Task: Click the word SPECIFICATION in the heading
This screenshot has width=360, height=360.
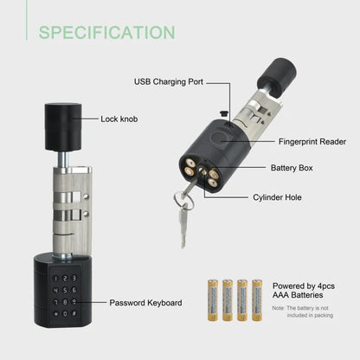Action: coord(106,33)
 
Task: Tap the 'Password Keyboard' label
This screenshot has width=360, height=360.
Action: coord(145,303)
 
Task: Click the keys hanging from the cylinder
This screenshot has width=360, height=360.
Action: coord(184,212)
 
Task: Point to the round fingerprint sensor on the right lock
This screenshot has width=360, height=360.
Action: coord(224,138)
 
